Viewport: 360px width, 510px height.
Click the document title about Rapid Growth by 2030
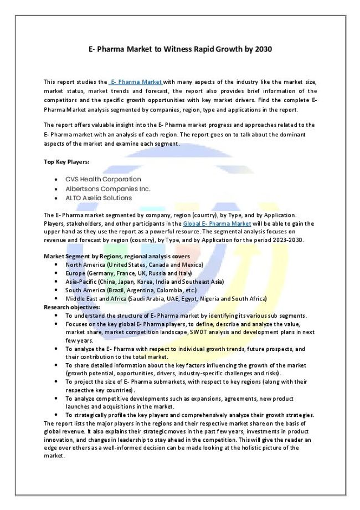[x=180, y=49]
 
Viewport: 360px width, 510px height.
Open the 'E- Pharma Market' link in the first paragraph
[x=136, y=82]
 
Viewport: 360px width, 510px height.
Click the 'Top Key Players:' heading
[x=66, y=162]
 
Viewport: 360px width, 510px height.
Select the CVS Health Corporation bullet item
[x=103, y=180]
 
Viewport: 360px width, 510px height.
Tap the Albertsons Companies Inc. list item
[x=107, y=188]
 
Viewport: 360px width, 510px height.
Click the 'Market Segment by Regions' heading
[x=116, y=257]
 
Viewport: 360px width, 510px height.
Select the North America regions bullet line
[x=134, y=265]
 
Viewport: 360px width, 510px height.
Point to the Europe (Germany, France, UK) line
[x=128, y=273]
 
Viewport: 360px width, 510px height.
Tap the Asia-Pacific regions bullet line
[x=145, y=282]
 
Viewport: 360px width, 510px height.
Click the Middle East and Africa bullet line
[x=166, y=298]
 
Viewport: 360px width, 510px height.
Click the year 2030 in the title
[x=263, y=49]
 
